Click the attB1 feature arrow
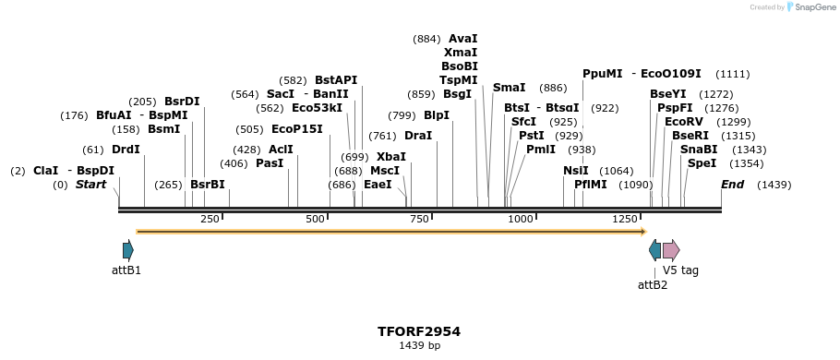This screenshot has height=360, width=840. [x=128, y=249]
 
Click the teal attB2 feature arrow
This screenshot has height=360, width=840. [x=654, y=249]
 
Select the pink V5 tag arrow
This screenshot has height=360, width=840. [x=670, y=249]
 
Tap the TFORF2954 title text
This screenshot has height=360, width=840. [x=419, y=331]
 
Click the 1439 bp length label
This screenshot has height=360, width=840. [x=419, y=346]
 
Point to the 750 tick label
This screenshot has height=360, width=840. [x=419, y=219]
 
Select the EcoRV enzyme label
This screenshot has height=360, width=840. [x=683, y=122]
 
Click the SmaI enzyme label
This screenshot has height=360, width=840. [x=509, y=88]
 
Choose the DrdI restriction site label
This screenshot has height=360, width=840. [x=126, y=150]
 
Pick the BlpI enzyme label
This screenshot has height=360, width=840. [x=437, y=115]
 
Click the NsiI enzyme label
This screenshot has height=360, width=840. [x=576, y=171]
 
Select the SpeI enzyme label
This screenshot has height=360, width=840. [x=702, y=163]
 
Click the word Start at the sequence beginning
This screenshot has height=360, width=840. [x=90, y=185]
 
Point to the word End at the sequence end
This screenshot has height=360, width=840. [x=732, y=185]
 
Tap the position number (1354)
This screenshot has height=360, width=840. [x=748, y=163]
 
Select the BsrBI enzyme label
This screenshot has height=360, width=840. [x=208, y=185]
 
